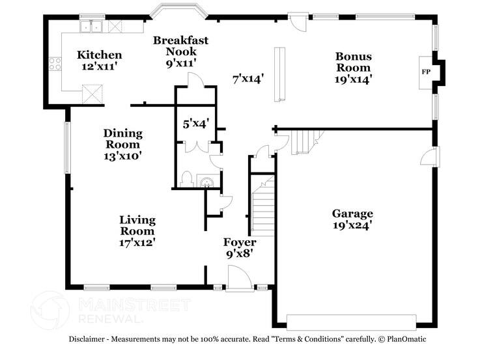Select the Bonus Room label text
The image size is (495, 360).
click(353, 62)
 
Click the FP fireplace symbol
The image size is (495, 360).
click(426, 71)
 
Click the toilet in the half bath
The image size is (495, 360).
click(186, 178)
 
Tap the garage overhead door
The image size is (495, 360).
click(351, 322)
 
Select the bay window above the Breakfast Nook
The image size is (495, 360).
click(177, 12)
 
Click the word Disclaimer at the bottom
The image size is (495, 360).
click(90, 339)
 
